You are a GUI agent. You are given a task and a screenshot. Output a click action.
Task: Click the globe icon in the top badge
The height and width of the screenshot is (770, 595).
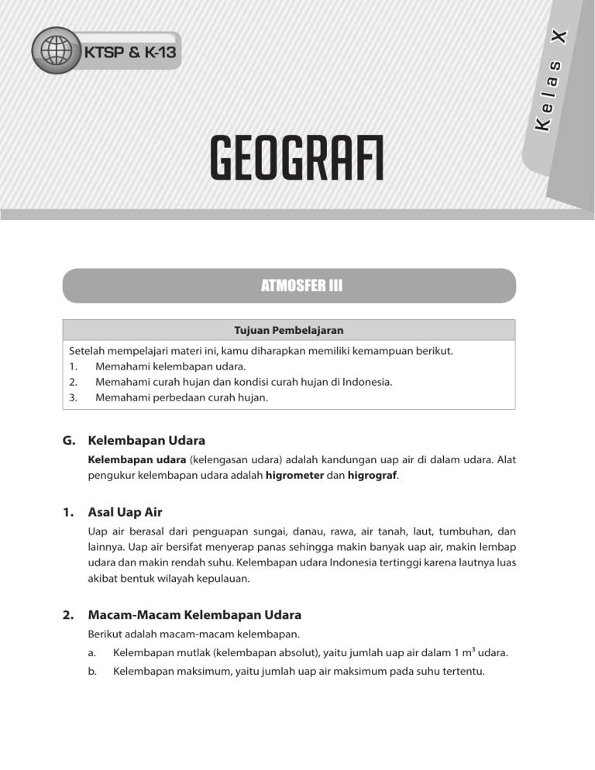[x=55, y=51]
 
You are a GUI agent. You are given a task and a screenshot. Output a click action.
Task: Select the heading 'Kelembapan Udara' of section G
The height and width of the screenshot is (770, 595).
[x=146, y=440]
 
